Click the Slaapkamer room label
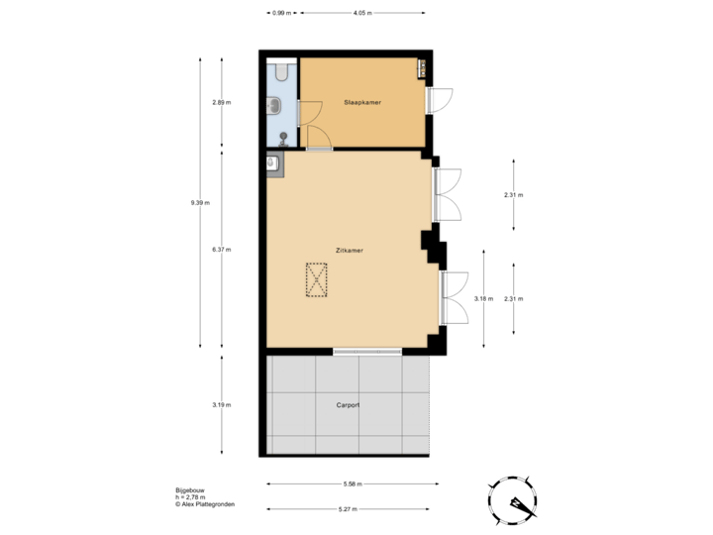point(362,102)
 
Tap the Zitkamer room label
point(349,251)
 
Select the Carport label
point(348,404)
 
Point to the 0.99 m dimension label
point(281,13)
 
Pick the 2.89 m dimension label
point(221,102)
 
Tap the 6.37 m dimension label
point(221,250)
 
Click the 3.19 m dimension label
point(221,404)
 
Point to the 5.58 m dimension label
point(353,484)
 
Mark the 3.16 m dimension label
point(483,298)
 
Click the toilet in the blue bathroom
point(282,70)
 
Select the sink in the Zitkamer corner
point(272,161)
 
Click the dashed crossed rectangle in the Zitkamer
point(317,279)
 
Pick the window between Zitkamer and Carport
point(366,351)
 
